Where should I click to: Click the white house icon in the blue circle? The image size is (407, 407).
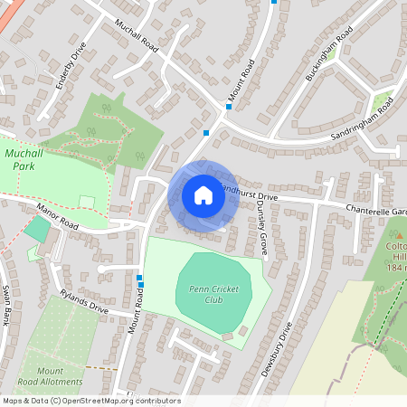(203, 194)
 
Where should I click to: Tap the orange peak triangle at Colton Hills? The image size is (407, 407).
(399, 235)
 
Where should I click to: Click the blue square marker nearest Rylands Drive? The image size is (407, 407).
(139, 278)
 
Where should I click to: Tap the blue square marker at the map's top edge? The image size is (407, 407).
(274, 2)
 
